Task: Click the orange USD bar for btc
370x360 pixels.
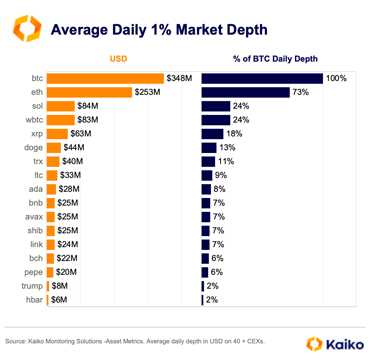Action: [105, 79]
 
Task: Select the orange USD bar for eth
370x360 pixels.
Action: [89, 92]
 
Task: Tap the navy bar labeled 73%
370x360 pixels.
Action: [246, 92]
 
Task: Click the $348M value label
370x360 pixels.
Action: [179, 79]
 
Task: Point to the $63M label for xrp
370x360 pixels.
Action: [81, 134]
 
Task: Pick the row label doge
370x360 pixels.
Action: [34, 147]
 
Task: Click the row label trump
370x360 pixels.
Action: [32, 286]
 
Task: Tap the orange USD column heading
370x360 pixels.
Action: [119, 59]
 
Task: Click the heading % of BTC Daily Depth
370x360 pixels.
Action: [275, 59]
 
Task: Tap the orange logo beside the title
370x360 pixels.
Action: [27, 28]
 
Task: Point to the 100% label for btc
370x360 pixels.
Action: [336, 79]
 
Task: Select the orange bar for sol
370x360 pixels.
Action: [61, 106]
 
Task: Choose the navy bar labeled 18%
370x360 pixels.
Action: [212, 134]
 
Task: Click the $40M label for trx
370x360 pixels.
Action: [73, 161]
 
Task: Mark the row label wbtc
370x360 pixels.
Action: [34, 120]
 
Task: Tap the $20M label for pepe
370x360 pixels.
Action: [66, 272]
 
